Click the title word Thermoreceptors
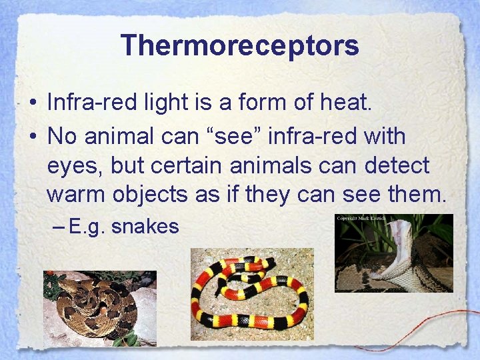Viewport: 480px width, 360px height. (x=240, y=45)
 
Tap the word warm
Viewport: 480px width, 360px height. (x=75, y=194)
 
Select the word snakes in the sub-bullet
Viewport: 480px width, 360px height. (x=145, y=227)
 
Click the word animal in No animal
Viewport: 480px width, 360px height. (x=119, y=137)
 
